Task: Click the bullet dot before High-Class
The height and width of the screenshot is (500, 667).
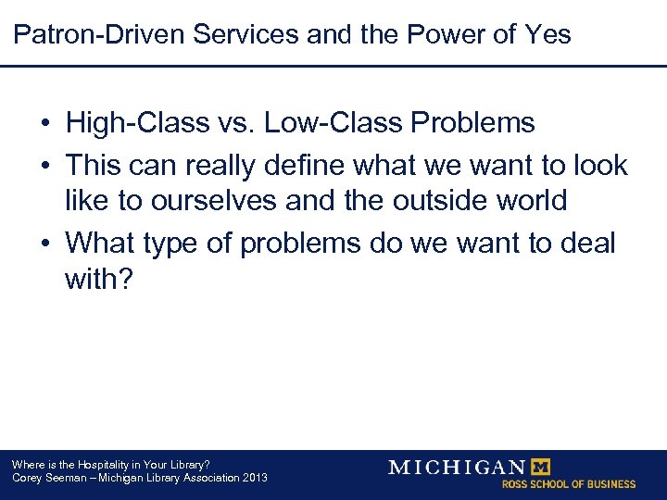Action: tap(44, 123)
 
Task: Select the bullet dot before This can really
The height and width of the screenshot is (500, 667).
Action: tap(44, 166)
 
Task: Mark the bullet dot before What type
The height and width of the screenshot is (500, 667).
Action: tap(44, 244)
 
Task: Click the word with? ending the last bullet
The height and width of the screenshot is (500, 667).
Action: tap(99, 279)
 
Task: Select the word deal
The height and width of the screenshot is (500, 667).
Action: tap(585, 243)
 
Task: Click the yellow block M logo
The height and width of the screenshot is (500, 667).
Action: tap(538, 467)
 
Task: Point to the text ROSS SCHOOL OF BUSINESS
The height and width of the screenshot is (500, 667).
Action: tap(568, 484)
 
